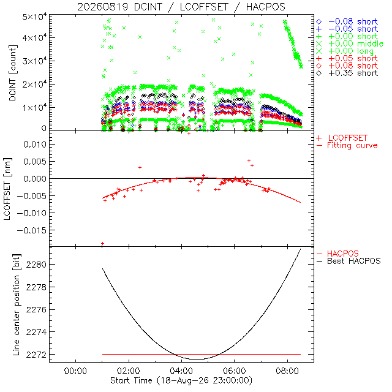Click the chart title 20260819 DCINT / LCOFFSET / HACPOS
tap(181, 7)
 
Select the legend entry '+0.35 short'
tap(347, 73)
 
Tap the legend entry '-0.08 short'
tap(347, 22)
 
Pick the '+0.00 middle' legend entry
tap(350, 43)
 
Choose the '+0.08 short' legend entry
tap(347, 66)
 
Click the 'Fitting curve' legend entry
tap(347, 146)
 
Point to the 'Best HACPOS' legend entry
tap(349, 262)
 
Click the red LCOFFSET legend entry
tap(342, 138)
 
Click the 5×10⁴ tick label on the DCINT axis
tap(35, 17)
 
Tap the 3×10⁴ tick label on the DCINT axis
tap(35, 61)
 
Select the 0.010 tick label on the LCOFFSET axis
tap(35, 145)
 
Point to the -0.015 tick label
tap(32, 230)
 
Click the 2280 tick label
tap(36, 265)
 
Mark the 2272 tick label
tap(36, 355)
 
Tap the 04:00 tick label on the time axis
tap(181, 371)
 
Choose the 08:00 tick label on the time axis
tap(287, 371)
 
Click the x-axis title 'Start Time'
tap(131, 380)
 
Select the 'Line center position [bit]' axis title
tap(16, 305)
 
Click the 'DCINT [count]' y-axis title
tap(13, 73)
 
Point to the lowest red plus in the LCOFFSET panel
tap(102, 243)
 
